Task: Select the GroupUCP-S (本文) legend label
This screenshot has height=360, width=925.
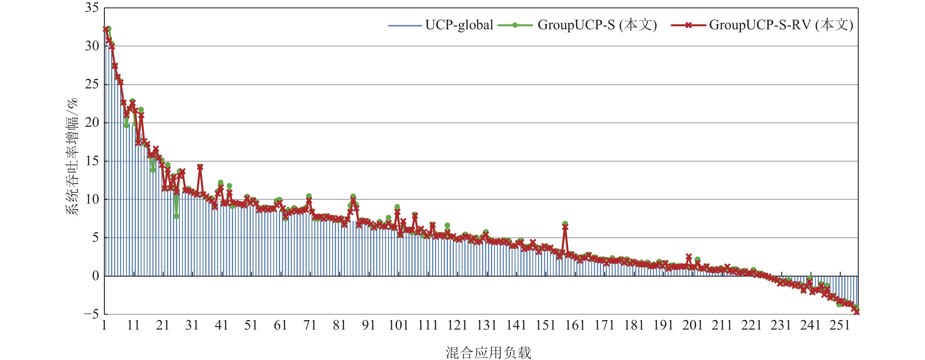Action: click(x=597, y=25)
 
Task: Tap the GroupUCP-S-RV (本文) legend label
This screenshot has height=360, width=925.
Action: click(x=781, y=25)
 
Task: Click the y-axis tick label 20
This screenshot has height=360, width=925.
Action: click(x=92, y=123)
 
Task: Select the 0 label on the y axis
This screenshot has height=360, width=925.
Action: click(x=95, y=276)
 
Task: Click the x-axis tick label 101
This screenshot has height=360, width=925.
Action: click(x=398, y=325)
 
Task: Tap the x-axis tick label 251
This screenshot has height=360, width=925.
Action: click(x=840, y=325)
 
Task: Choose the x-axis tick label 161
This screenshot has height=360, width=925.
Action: click(x=575, y=325)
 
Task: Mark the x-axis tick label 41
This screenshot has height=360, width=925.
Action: click(x=221, y=325)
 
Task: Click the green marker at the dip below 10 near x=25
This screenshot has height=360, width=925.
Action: click(x=176, y=216)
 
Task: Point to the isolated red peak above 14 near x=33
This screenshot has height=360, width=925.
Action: click(x=200, y=167)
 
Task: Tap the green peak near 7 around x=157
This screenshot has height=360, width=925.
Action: click(x=565, y=224)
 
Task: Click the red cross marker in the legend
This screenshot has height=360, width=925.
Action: click(x=688, y=25)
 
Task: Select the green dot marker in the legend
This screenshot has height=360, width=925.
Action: click(x=515, y=25)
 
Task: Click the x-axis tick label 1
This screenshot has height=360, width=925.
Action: click(x=104, y=325)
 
